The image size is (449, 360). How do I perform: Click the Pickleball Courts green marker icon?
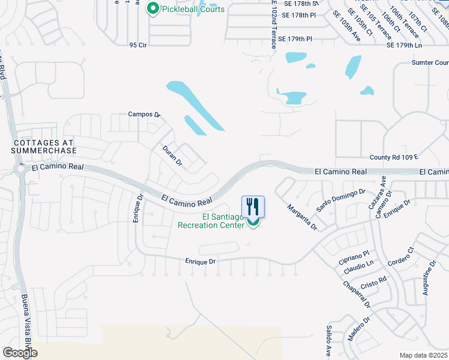pos(152,9)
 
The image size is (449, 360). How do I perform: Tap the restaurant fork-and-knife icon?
pos(253,207)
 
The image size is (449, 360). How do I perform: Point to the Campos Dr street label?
pos(145,114)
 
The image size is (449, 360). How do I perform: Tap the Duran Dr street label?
pos(172,155)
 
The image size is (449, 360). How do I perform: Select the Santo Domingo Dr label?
pos(341,199)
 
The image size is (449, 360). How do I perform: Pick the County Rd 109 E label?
pos(393,157)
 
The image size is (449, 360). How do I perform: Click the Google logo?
pos(20,353)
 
